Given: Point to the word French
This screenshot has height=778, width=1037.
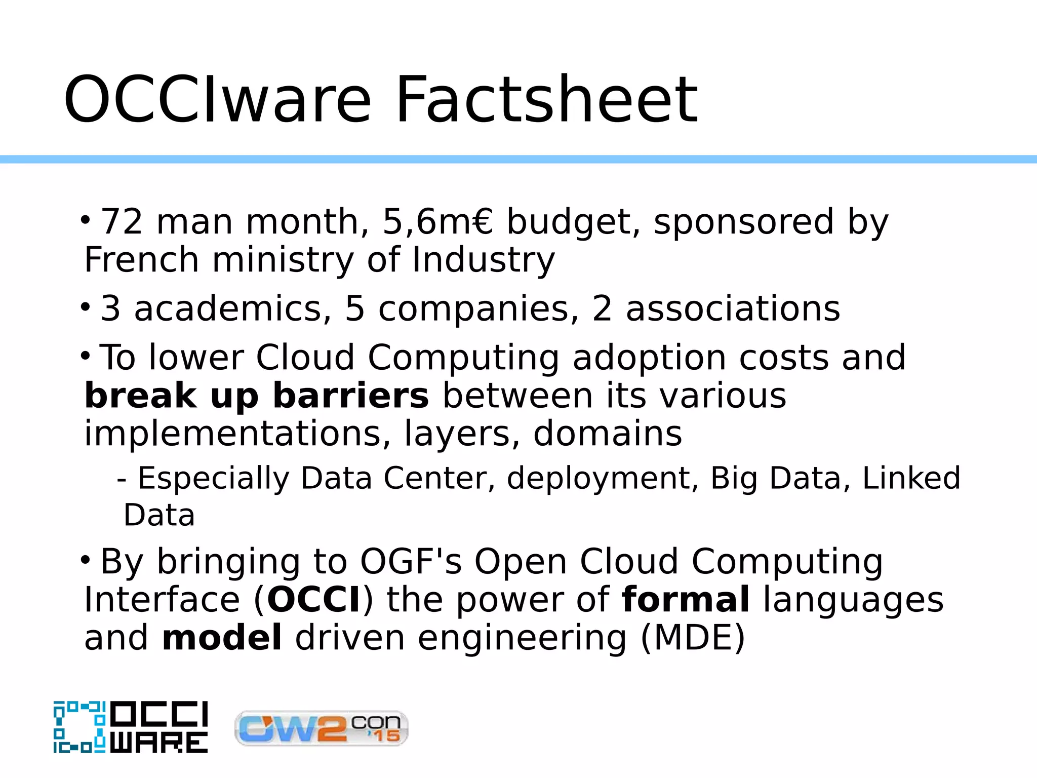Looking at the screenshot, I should click(141, 260).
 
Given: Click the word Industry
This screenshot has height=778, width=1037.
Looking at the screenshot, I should click(484, 260).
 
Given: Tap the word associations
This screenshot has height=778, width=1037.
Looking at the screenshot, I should click(733, 308).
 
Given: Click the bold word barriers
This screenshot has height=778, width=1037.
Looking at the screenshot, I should click(351, 396).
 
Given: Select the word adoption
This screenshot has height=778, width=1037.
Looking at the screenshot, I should click(650, 358).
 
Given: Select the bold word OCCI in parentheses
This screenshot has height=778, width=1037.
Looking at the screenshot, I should click(314, 600).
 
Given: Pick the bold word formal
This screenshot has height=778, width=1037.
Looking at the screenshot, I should click(686, 600).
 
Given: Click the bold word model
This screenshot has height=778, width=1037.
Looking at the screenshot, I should click(222, 638).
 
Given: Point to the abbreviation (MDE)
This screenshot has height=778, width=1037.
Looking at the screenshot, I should click(693, 638).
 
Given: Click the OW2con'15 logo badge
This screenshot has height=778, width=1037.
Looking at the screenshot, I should click(322, 728).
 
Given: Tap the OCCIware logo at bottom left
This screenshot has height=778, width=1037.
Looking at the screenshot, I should click(131, 727).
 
